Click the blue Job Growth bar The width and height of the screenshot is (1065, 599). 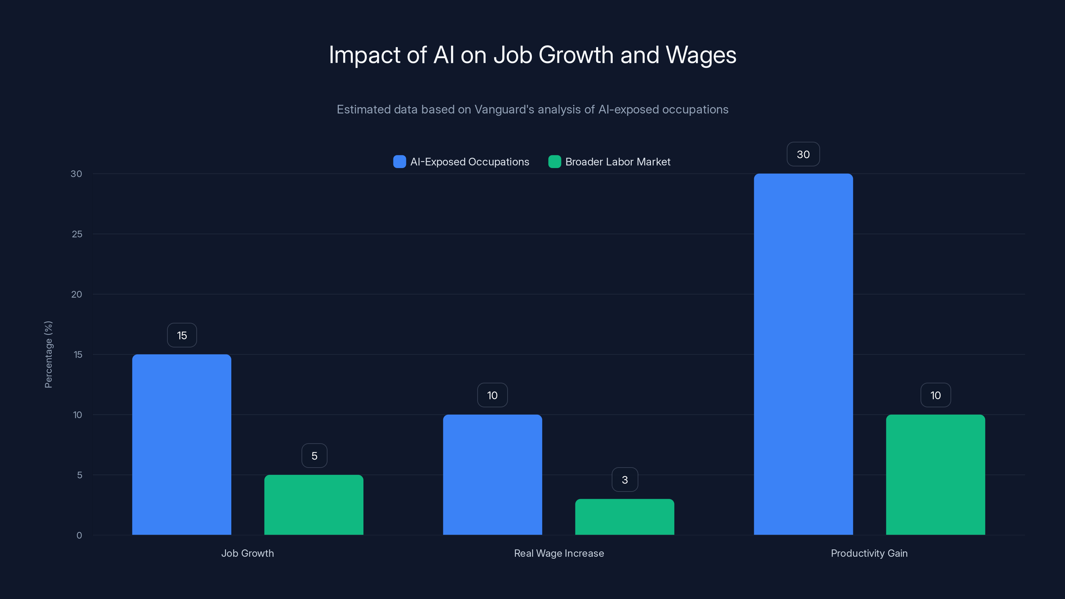[x=181, y=444]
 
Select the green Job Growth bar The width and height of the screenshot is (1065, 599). [x=314, y=505]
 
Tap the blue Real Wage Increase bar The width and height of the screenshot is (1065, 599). [x=493, y=475]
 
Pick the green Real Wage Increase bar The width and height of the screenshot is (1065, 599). [x=624, y=517]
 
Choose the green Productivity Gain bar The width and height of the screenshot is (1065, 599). [x=935, y=475]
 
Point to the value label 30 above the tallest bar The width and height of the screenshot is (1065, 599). [x=803, y=155]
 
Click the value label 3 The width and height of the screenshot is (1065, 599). [x=625, y=480]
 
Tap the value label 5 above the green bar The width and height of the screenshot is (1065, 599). [x=314, y=456]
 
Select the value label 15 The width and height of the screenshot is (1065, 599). [x=182, y=335]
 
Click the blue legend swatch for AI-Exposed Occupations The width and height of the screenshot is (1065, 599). [x=399, y=162]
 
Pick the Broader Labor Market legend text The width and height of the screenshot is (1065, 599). [x=618, y=162]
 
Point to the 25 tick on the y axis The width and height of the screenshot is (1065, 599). [x=77, y=234]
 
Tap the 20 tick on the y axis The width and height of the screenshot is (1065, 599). [x=77, y=294]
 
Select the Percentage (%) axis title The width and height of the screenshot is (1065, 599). [x=48, y=354]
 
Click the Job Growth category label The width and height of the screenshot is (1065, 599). [x=247, y=553]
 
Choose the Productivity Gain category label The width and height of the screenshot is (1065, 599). [x=869, y=553]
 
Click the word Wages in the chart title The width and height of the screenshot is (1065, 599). [x=701, y=55]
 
